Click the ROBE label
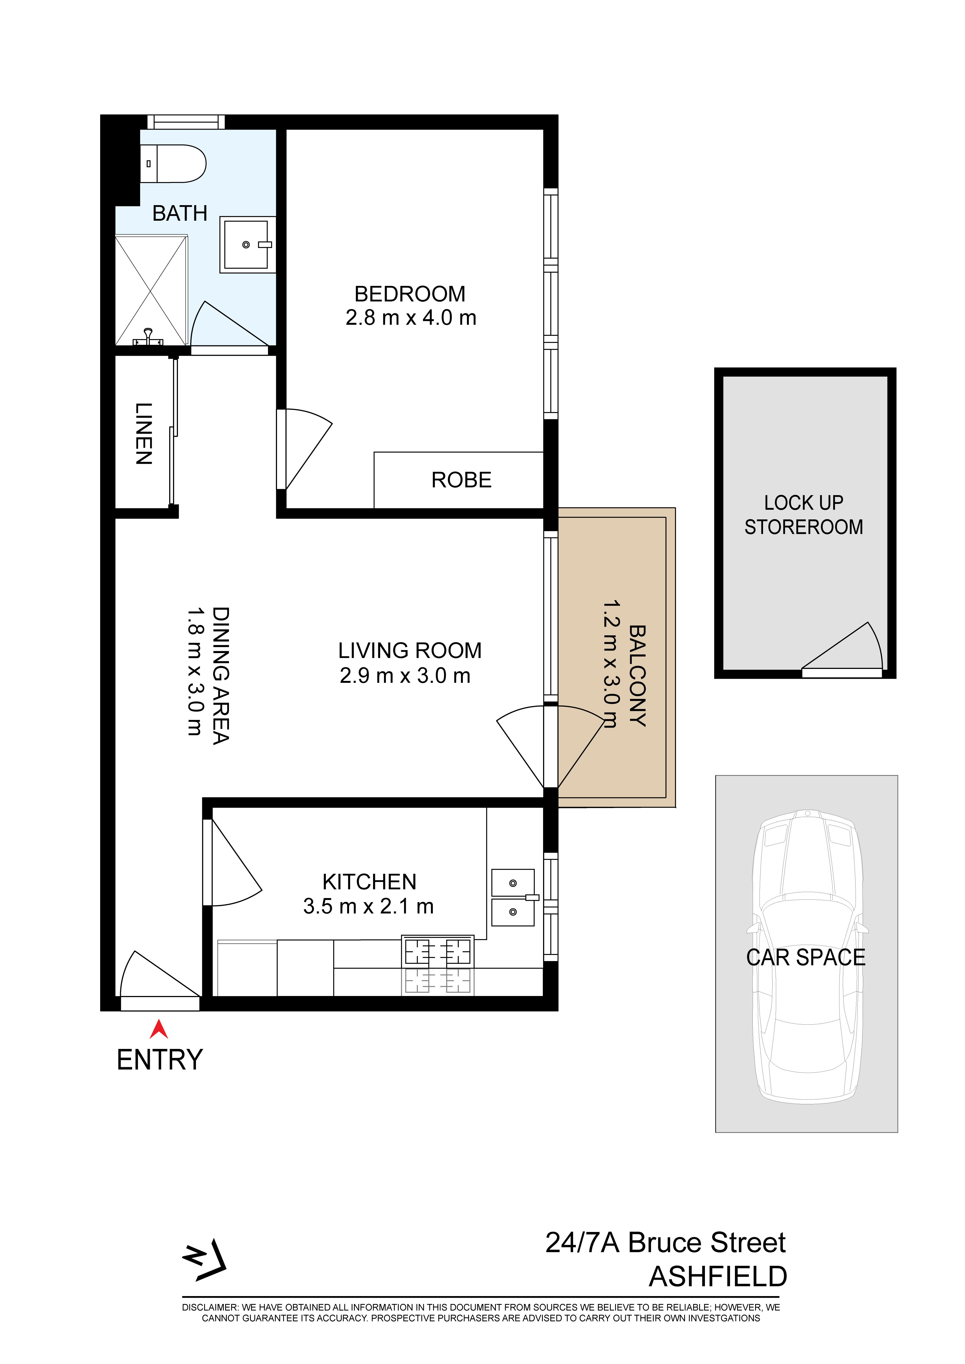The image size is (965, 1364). point(462,480)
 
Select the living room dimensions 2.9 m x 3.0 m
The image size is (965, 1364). point(405,675)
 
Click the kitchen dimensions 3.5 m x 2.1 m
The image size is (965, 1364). point(368,906)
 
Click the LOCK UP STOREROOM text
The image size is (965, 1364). point(804,515)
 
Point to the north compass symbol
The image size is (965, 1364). point(205,1260)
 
